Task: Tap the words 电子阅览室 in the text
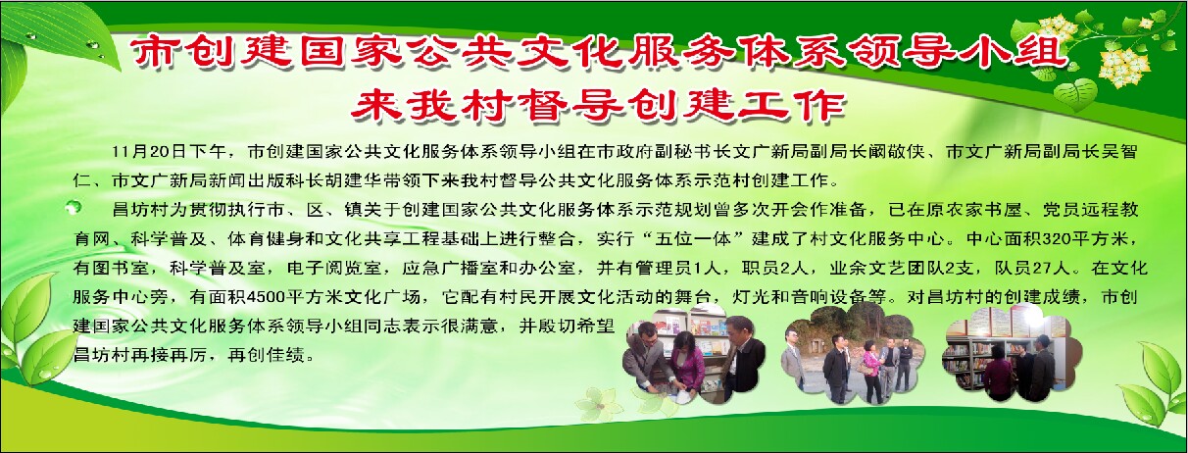click(x=333, y=268)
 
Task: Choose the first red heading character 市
click(x=157, y=51)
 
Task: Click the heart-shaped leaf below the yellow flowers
click(x=1075, y=94)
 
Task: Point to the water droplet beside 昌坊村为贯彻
click(x=73, y=206)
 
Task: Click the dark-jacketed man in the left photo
click(x=743, y=359)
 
